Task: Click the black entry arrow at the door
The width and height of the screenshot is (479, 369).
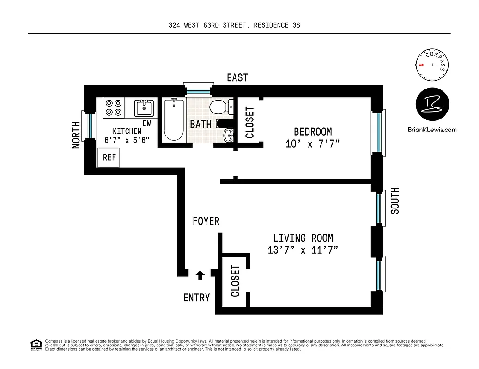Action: coord(200,275)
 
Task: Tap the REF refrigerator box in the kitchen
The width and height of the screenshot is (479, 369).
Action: coord(109,157)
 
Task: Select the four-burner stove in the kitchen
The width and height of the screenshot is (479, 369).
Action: coord(114,108)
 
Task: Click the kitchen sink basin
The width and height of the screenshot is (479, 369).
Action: coord(144,108)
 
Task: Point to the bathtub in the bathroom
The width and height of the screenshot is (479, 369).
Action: coord(174,120)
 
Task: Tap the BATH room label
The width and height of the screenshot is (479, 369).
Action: coord(201,124)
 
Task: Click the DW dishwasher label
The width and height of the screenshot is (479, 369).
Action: coord(147,123)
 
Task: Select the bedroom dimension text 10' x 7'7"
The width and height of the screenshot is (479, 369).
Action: coord(313,144)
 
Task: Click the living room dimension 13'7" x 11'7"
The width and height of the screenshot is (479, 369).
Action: coord(303,250)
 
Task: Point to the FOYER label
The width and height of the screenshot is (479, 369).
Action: coord(206,222)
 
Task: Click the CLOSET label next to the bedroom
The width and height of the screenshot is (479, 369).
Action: coord(249,123)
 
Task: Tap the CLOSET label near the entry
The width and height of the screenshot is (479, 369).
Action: coord(235,281)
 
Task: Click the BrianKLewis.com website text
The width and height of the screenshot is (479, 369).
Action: coord(432,130)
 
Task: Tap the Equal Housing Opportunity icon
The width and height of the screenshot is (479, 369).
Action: coord(36,344)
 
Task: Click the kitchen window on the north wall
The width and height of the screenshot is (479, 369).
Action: coord(89,125)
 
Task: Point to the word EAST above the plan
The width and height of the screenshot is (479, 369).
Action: coord(237,77)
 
